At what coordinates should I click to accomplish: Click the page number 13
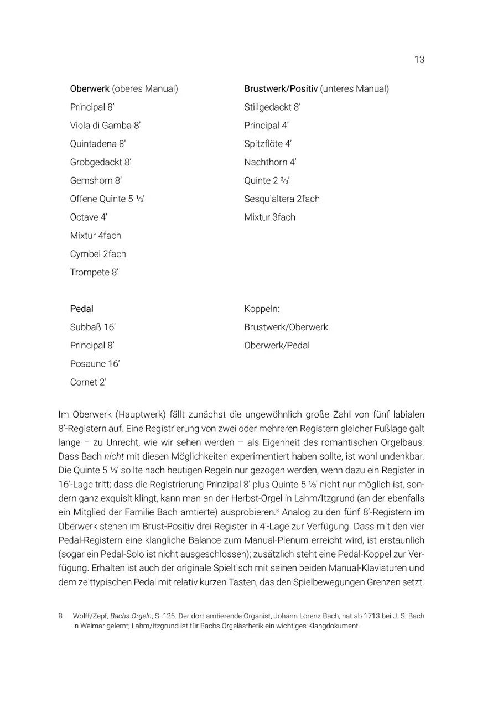tap(419, 59)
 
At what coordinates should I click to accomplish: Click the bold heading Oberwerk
tap(90, 88)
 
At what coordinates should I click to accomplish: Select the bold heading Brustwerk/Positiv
tap(281, 88)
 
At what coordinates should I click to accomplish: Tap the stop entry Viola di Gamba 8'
tap(105, 126)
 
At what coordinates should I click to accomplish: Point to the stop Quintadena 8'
tap(98, 144)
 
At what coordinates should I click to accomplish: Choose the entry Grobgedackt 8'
tap(101, 162)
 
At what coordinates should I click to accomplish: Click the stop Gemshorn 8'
tap(96, 180)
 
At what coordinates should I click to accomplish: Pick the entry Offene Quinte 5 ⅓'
tap(107, 199)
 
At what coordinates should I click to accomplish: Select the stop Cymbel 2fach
tap(98, 254)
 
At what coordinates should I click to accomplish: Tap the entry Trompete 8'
tap(94, 272)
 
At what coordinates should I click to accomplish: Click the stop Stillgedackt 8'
tap(272, 107)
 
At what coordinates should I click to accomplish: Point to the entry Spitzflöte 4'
tap(268, 144)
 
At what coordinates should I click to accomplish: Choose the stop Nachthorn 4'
tap(271, 162)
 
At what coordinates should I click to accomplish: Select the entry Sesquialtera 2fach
tap(282, 199)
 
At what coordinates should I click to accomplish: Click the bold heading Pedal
tap(81, 309)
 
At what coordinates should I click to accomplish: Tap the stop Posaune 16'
tap(95, 364)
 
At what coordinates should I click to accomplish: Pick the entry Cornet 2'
tap(88, 382)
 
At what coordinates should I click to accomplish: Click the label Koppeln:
tap(262, 309)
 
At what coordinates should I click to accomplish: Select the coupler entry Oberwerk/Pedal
tap(277, 346)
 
